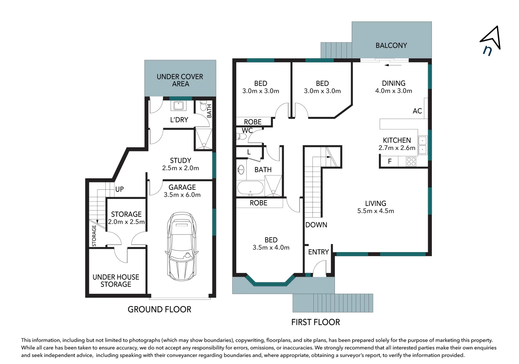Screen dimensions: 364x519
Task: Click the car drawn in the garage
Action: [x=181, y=246]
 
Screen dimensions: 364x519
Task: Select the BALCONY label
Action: [x=391, y=45]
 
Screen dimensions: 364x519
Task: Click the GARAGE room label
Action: [x=182, y=187]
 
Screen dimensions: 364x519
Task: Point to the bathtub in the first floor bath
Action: [x=250, y=188]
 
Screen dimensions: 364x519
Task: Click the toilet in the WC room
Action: [x=242, y=136]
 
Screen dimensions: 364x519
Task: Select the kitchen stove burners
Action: [x=411, y=162]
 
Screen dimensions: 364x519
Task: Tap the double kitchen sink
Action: [x=422, y=145]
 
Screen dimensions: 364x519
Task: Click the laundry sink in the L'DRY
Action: [x=178, y=105]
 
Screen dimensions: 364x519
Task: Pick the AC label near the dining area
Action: [x=417, y=111]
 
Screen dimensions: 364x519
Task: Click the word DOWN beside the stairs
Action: [x=316, y=225]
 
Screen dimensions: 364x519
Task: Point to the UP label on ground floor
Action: [x=119, y=189]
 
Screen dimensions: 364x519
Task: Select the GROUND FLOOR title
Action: [x=159, y=309]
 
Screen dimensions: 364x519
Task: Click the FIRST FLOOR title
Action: [x=315, y=322]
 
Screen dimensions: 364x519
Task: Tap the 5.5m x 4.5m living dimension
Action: [x=375, y=211]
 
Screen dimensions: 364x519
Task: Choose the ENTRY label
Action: [x=318, y=252]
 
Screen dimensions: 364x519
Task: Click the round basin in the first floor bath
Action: [x=241, y=170]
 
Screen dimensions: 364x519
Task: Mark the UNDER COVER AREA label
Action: [x=180, y=80]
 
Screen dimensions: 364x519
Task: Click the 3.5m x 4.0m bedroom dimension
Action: [x=271, y=247]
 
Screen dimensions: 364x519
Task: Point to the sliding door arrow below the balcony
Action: [x=393, y=65]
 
